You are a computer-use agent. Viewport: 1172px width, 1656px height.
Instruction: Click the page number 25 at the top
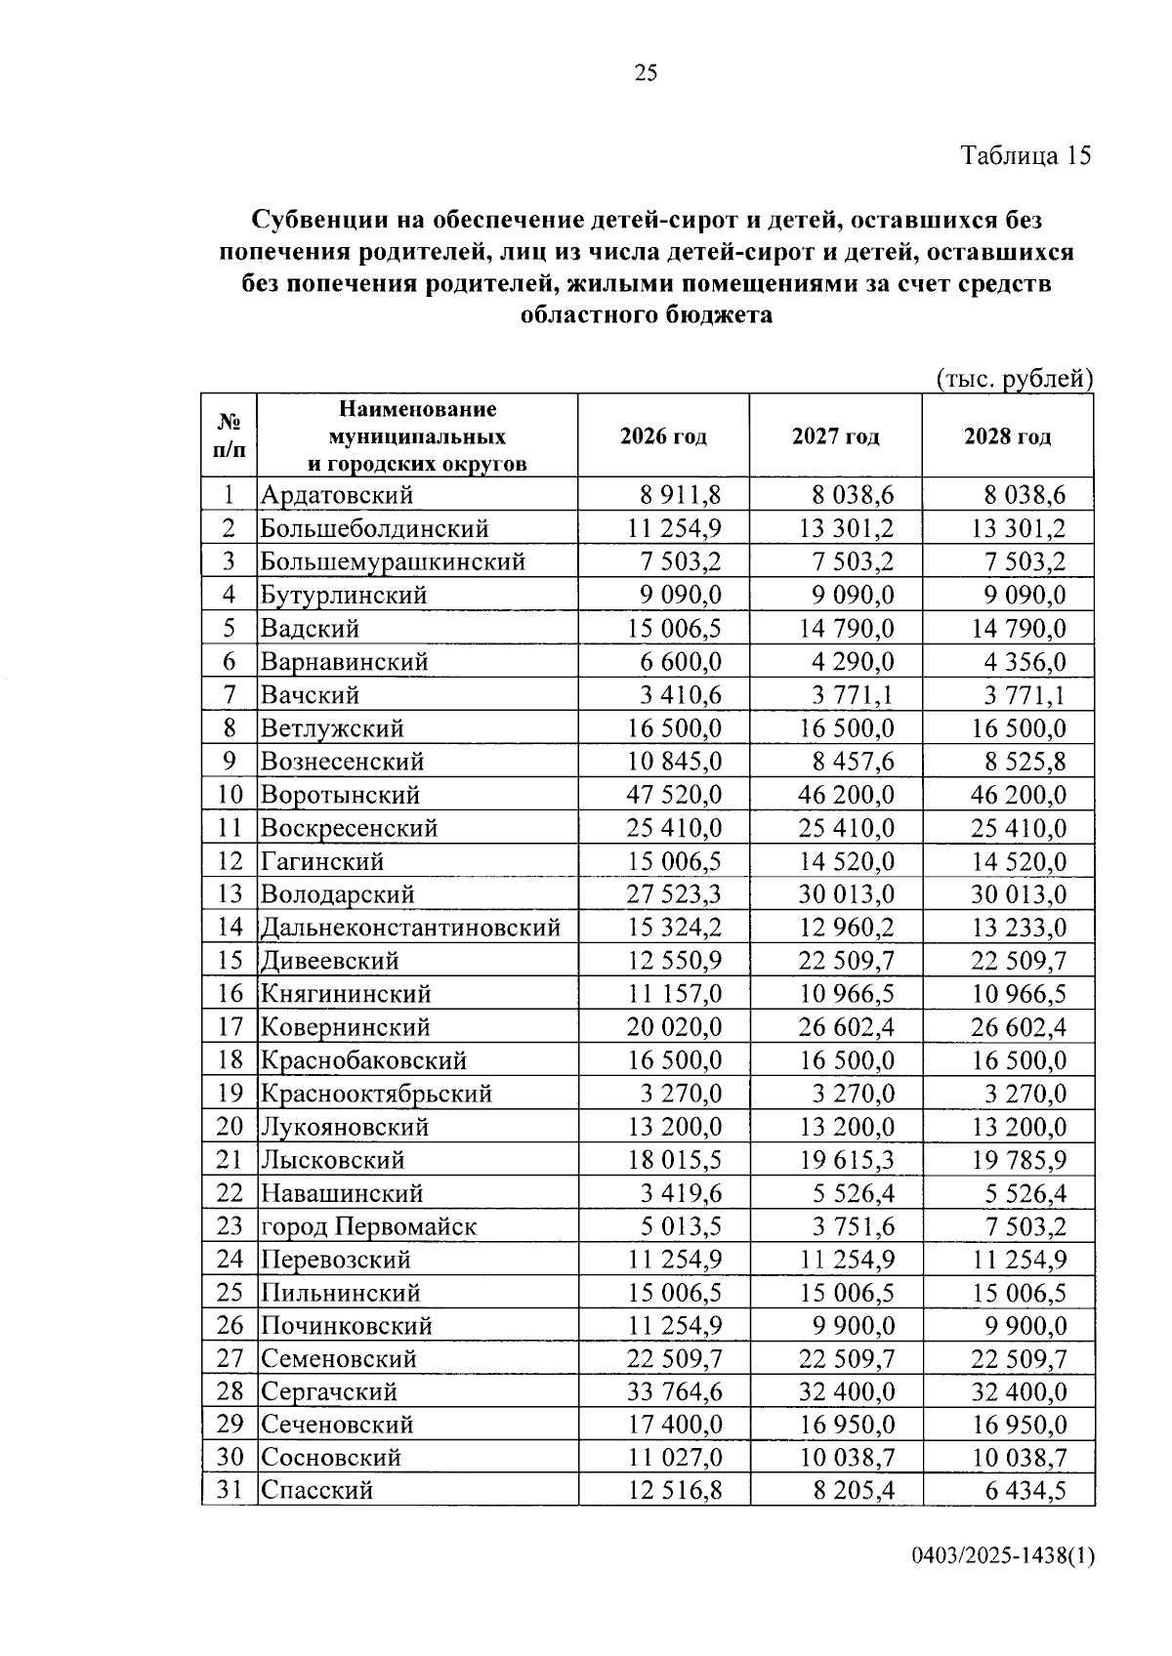(646, 73)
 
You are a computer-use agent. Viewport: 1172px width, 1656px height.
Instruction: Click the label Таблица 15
(1025, 155)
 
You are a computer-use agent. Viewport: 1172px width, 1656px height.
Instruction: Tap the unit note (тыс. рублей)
(1013, 379)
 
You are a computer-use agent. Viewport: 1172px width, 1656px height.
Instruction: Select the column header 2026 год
(663, 436)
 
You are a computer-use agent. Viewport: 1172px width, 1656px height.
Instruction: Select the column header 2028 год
(1007, 436)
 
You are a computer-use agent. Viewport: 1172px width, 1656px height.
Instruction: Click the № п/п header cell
(229, 435)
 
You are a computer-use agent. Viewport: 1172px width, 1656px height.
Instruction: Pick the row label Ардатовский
(336, 495)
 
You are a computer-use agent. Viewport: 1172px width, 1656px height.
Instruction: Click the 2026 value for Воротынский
(674, 795)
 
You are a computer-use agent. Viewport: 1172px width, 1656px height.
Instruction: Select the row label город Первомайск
(368, 1226)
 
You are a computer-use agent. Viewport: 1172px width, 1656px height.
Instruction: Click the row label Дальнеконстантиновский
(410, 928)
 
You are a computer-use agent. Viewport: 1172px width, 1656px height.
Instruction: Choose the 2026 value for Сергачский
(674, 1390)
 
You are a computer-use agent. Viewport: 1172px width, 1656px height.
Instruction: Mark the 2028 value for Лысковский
(1019, 1160)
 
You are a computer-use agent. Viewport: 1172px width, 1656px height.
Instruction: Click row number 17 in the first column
(229, 1027)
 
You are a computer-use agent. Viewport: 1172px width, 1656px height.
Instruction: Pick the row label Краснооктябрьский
(376, 1094)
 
